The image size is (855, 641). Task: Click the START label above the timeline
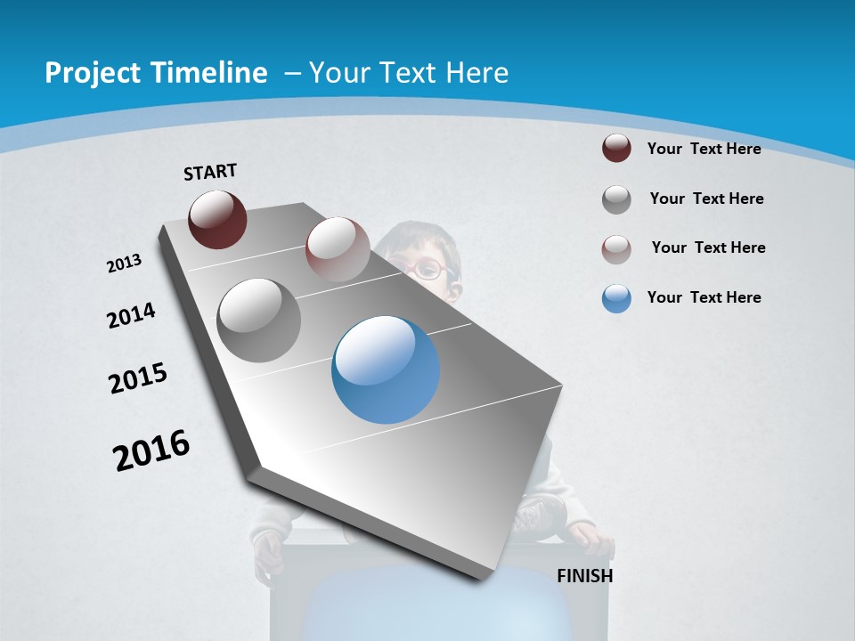[210, 172]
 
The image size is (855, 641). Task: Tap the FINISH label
[585, 576]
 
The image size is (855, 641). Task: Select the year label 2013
[124, 264]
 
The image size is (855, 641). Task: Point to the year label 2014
[131, 316]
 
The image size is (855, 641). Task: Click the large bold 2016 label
[151, 450]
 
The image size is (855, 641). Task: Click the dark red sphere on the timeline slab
[217, 219]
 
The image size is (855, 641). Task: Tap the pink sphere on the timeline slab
[338, 248]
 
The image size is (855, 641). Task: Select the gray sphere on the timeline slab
[259, 320]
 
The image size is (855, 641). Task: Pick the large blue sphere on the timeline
[386, 369]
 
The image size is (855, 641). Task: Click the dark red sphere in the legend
[616, 148]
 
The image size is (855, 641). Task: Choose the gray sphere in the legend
[616, 199]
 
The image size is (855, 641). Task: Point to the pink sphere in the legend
[616, 249]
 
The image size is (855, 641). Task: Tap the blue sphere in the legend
[616, 298]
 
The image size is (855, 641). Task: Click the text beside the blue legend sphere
[704, 297]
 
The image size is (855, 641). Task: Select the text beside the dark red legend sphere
[704, 149]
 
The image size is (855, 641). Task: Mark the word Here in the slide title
[476, 73]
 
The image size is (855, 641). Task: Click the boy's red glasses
[431, 268]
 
